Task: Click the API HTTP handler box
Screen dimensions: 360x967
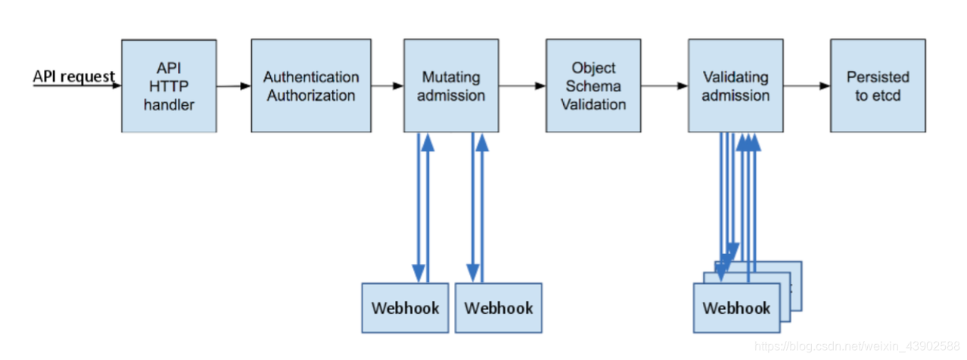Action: click(x=169, y=86)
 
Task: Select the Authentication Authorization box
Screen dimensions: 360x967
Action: click(x=311, y=86)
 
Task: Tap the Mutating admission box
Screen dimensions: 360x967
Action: click(x=451, y=86)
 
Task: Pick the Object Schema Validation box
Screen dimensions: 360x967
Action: click(x=593, y=86)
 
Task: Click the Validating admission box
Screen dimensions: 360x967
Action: click(x=735, y=86)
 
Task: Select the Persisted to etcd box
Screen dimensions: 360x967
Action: click(x=878, y=86)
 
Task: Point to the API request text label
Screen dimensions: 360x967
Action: click(x=73, y=76)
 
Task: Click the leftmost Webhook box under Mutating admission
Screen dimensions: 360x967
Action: click(x=405, y=308)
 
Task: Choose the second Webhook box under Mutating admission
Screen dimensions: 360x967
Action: click(x=498, y=308)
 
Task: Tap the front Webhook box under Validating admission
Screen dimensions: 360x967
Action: click(x=736, y=308)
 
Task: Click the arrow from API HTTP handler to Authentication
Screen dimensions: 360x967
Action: click(x=234, y=86)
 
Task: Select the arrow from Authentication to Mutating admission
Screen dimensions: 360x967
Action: click(x=387, y=86)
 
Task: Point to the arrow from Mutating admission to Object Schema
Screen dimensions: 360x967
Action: click(x=522, y=86)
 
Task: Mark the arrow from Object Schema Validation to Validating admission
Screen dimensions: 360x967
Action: click(x=664, y=86)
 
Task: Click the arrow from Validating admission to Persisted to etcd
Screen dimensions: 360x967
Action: click(x=807, y=86)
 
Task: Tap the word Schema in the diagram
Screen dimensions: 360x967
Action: click(x=593, y=86)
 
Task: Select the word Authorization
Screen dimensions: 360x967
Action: click(x=311, y=96)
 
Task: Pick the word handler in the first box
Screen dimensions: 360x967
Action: click(x=169, y=105)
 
